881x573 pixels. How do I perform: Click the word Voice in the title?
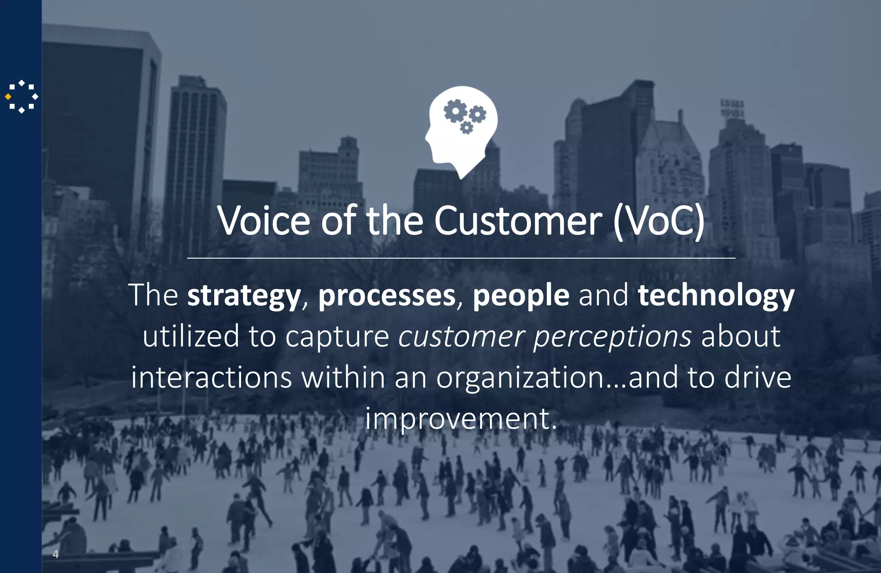click(x=264, y=220)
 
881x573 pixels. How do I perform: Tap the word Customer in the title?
click(x=518, y=220)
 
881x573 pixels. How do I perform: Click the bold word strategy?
click(x=244, y=296)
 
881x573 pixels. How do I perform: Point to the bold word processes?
click(x=387, y=296)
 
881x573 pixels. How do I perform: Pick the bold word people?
click(x=521, y=296)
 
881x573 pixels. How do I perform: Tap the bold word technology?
click(x=716, y=296)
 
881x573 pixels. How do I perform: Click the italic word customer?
click(x=462, y=336)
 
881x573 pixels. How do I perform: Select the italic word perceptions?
click(x=613, y=337)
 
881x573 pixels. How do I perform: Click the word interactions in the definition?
click(x=212, y=377)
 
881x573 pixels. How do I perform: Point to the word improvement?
click(x=461, y=418)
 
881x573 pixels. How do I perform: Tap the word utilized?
click(x=191, y=336)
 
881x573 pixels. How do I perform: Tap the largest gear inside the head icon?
click(x=455, y=110)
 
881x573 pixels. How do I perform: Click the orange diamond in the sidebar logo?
click(x=8, y=97)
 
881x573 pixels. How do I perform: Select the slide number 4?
click(x=55, y=554)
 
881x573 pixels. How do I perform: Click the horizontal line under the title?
click(x=461, y=258)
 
